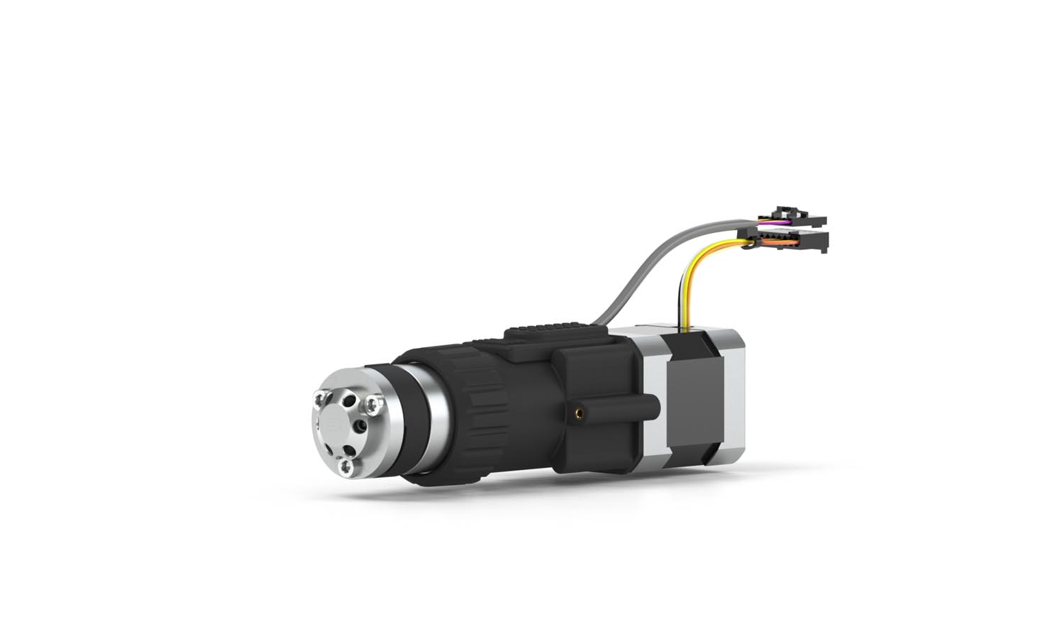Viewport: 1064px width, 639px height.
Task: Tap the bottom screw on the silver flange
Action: coord(345,466)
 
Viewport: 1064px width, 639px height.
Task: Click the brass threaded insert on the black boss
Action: coord(580,411)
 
